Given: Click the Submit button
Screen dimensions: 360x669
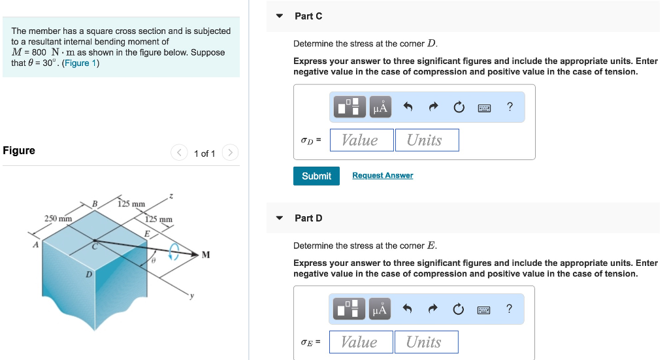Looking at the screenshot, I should tap(316, 176).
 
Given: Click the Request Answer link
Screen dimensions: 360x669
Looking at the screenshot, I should tap(382, 176).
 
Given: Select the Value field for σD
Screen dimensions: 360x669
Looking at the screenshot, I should tap(361, 140).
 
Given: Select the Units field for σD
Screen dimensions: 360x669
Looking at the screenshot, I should tap(427, 140).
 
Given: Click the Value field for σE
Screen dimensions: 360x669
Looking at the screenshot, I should tap(361, 342).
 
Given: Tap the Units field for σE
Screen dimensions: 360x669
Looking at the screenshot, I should tap(426, 342).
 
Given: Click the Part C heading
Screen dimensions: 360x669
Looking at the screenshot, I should tap(308, 16).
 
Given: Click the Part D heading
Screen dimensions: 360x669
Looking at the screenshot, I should tap(308, 218).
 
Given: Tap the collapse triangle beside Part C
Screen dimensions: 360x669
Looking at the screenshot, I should tap(280, 16).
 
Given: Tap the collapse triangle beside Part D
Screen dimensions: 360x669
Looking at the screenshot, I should tap(280, 218).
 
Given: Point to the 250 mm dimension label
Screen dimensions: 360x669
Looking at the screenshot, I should tap(58, 218).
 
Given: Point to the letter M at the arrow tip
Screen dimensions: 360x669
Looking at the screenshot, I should tap(206, 255).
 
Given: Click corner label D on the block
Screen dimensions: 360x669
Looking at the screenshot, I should tap(88, 274).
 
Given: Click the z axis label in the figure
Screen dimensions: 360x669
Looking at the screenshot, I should tap(171, 195).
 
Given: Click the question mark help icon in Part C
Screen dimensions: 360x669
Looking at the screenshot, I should tap(510, 107).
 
